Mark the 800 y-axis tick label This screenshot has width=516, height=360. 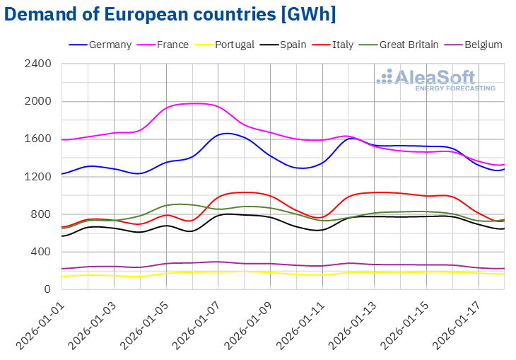(x=42, y=214)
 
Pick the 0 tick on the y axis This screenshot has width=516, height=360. (x=48, y=289)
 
